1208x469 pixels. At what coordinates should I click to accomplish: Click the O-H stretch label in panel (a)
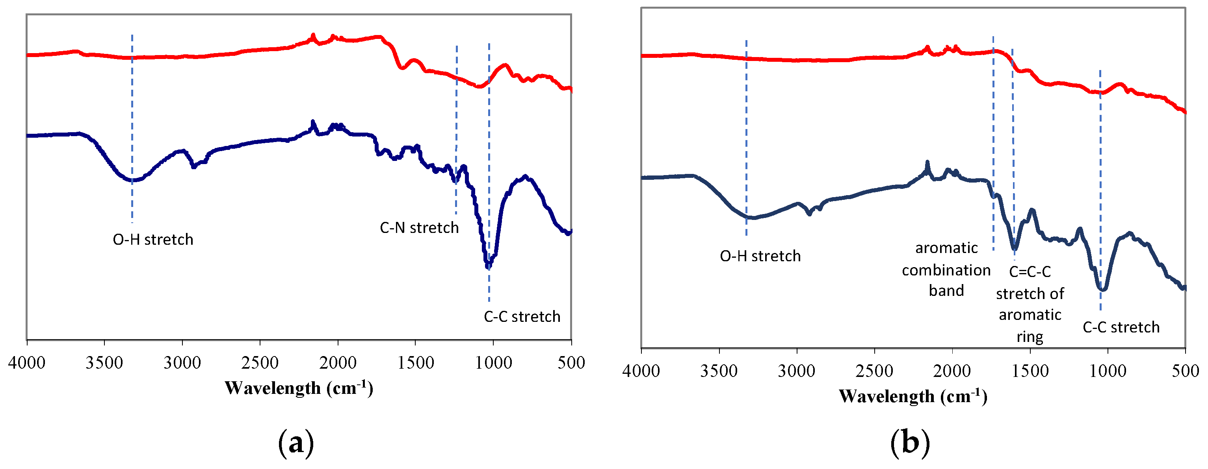coord(153,240)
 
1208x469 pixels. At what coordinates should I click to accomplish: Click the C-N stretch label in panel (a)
coord(419,228)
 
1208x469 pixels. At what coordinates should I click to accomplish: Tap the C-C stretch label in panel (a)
coord(522,317)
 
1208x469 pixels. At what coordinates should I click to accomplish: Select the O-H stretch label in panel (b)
coord(760,256)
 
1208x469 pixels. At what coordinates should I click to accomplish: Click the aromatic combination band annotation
coord(946,270)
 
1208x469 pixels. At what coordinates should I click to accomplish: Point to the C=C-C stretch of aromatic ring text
coord(1030,304)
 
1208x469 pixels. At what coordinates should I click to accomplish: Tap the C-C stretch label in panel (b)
coord(1121,327)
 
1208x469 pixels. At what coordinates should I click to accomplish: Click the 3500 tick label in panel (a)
coord(104,363)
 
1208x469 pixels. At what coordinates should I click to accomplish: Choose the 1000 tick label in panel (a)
coord(493,363)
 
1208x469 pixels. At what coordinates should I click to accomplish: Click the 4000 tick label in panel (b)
coord(641,371)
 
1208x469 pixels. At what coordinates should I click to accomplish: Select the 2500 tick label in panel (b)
coord(874,371)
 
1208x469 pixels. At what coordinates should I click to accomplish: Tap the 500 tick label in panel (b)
coord(1185,371)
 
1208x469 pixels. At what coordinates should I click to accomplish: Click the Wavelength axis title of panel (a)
coord(299,388)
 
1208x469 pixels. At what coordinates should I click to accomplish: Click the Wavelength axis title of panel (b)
coord(913,396)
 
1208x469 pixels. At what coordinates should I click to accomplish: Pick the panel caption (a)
coord(296,442)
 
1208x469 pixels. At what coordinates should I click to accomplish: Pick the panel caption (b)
coord(910,442)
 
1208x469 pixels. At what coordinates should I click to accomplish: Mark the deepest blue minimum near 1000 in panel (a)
coord(488,266)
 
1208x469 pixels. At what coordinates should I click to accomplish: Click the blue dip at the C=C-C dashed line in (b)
coord(1014,247)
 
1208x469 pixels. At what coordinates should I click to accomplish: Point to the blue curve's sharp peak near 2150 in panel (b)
coord(927,163)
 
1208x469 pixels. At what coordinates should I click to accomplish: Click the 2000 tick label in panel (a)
coord(338,363)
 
